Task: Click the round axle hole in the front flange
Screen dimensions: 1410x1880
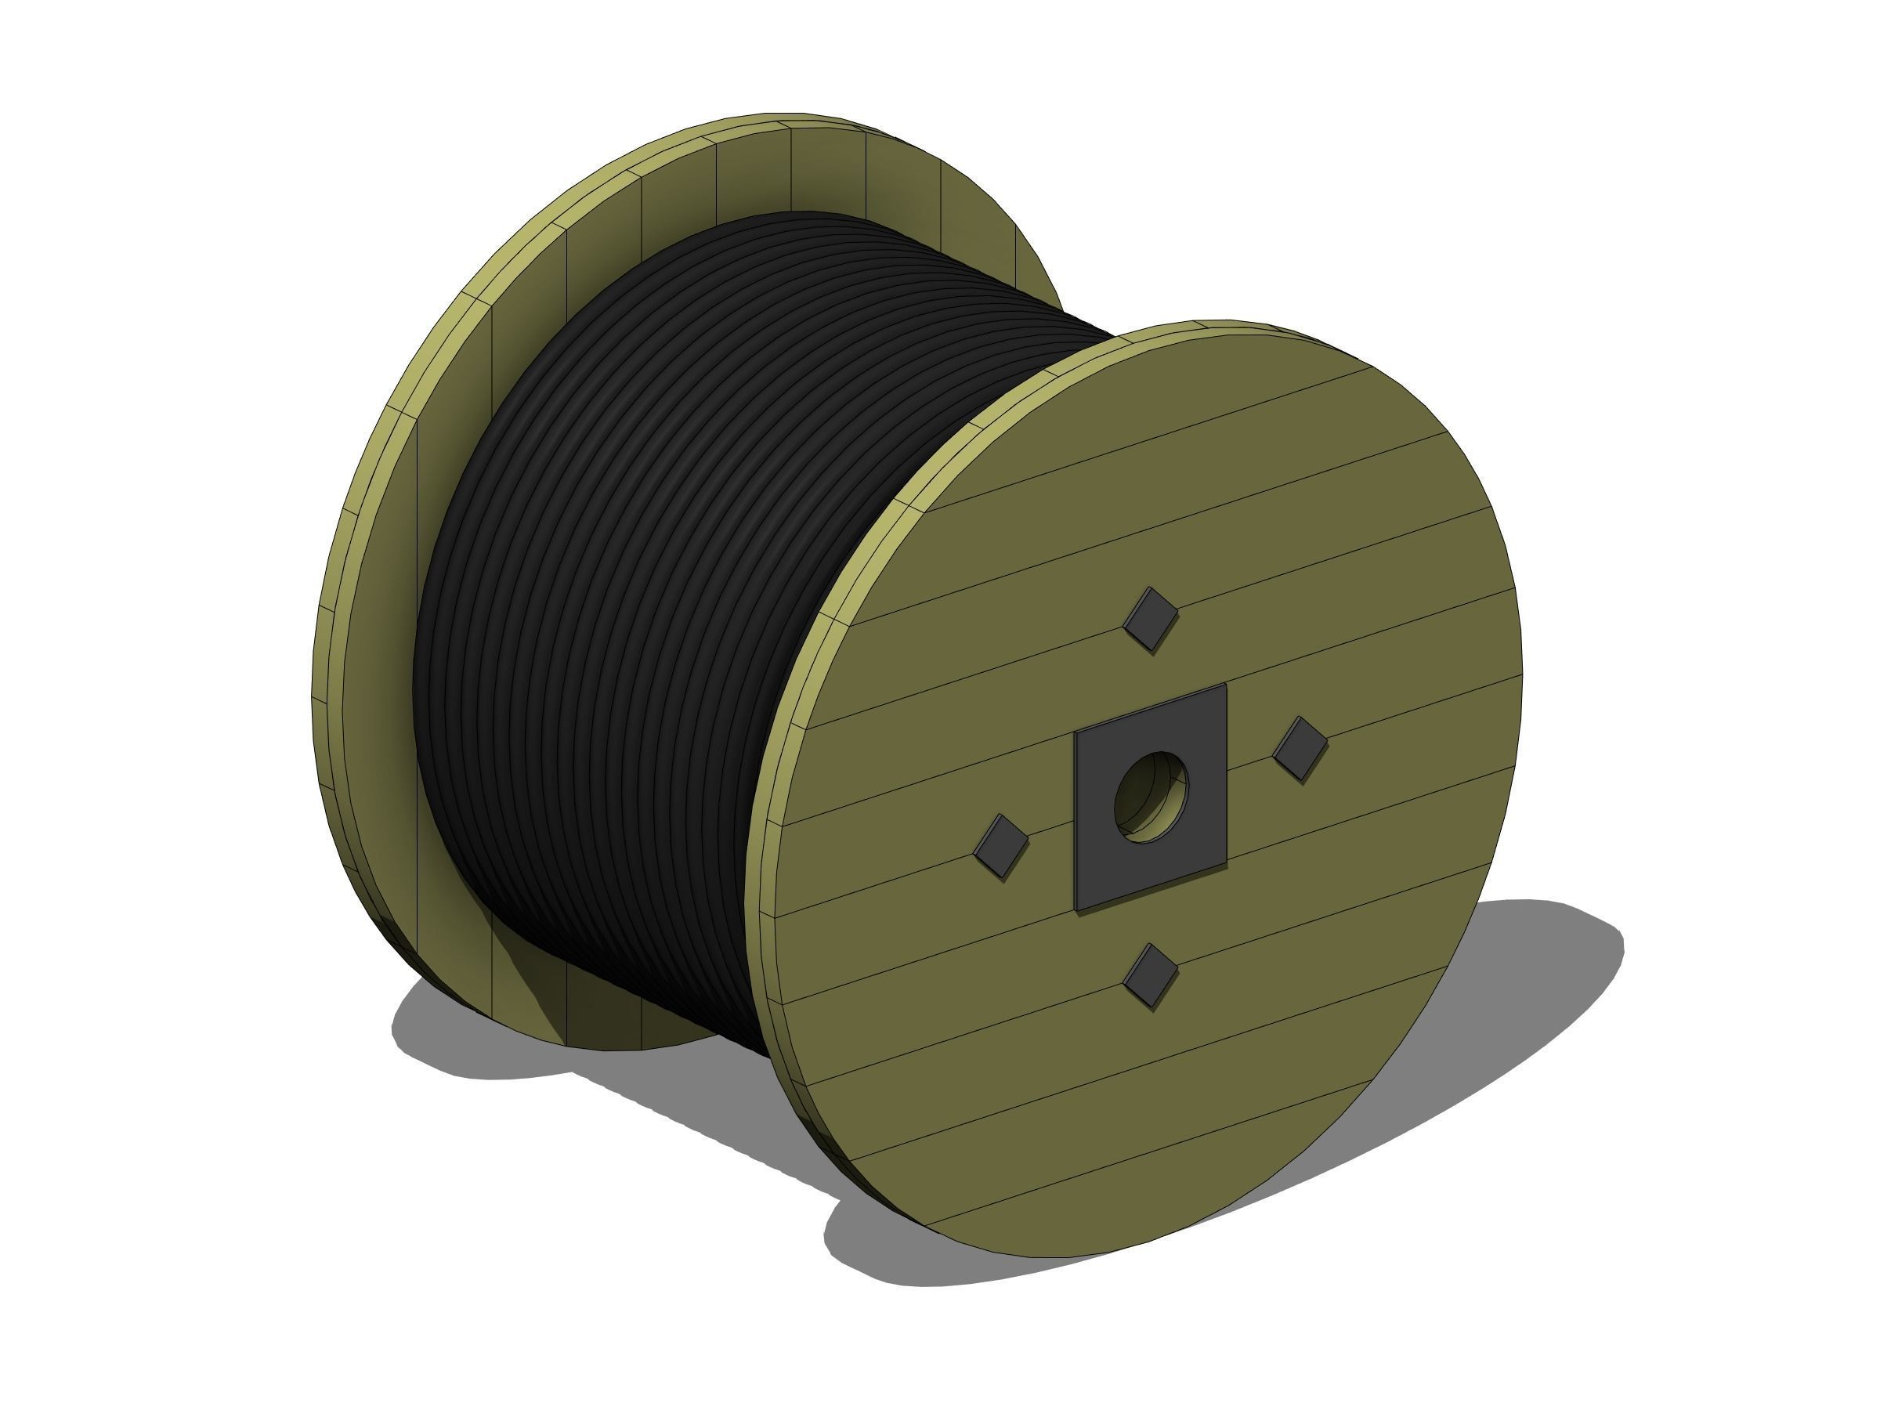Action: [1151, 797]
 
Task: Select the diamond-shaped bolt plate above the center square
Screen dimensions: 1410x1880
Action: [1151, 619]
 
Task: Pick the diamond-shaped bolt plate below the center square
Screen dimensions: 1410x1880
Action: [1151, 976]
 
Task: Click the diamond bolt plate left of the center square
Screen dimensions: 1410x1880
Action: [1002, 847]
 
